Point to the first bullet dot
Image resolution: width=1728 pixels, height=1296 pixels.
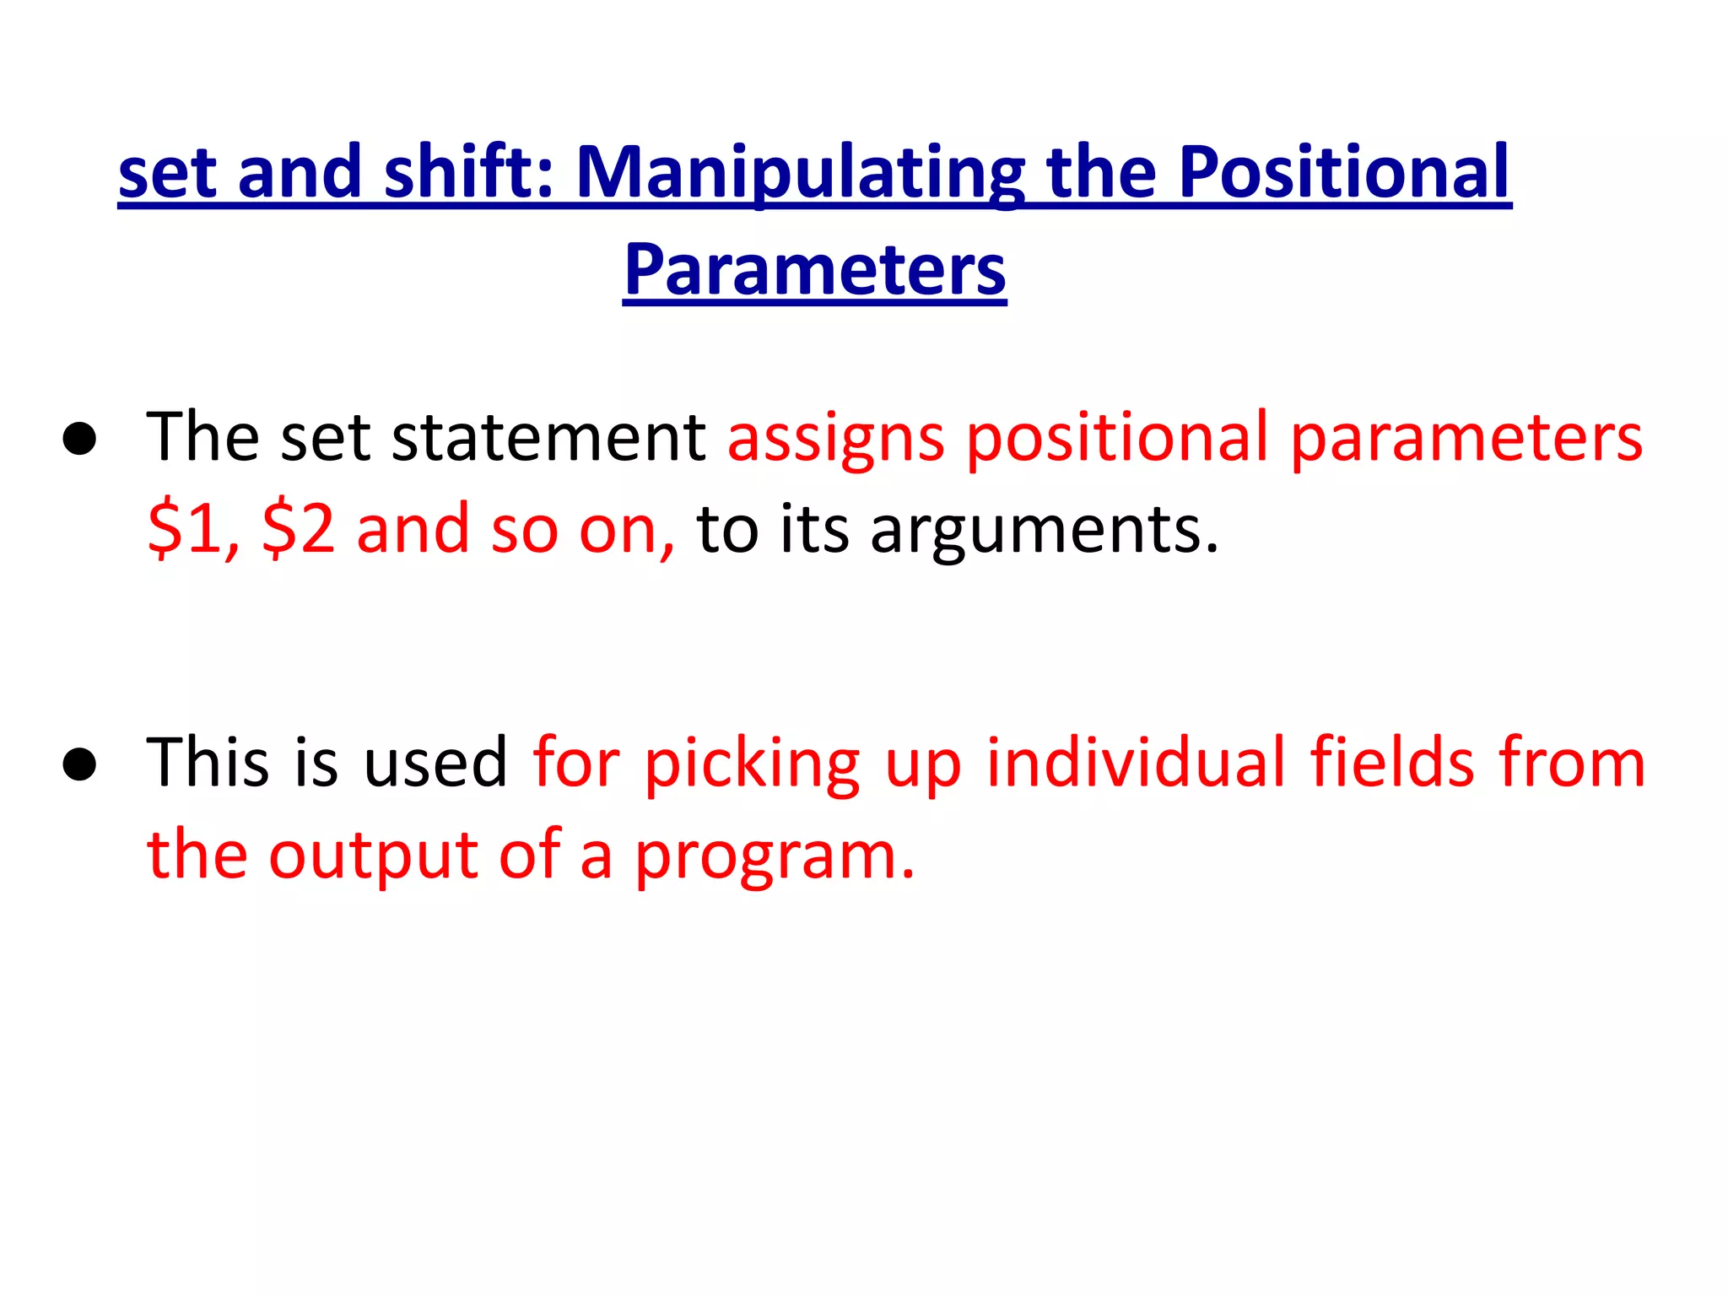(x=79, y=439)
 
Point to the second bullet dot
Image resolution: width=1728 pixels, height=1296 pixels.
(x=79, y=764)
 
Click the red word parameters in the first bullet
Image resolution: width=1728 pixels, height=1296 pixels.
(x=1466, y=439)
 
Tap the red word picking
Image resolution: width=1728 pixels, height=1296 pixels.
(x=752, y=764)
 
